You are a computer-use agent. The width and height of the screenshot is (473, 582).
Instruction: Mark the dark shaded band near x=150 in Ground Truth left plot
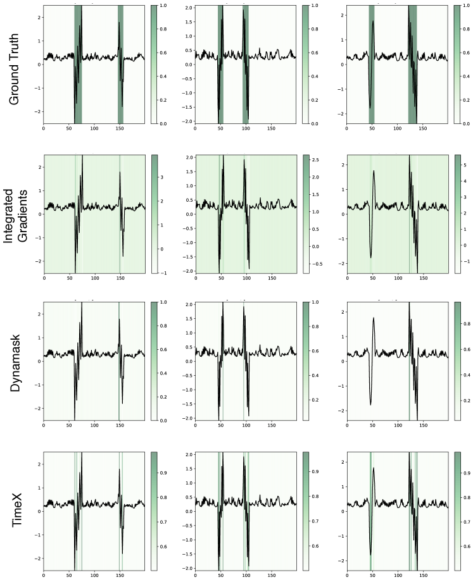[x=120, y=63]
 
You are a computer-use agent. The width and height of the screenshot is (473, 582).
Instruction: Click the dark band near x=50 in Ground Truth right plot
[x=372, y=63]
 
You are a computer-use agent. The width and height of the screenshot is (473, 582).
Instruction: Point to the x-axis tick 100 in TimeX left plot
[x=95, y=576]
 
